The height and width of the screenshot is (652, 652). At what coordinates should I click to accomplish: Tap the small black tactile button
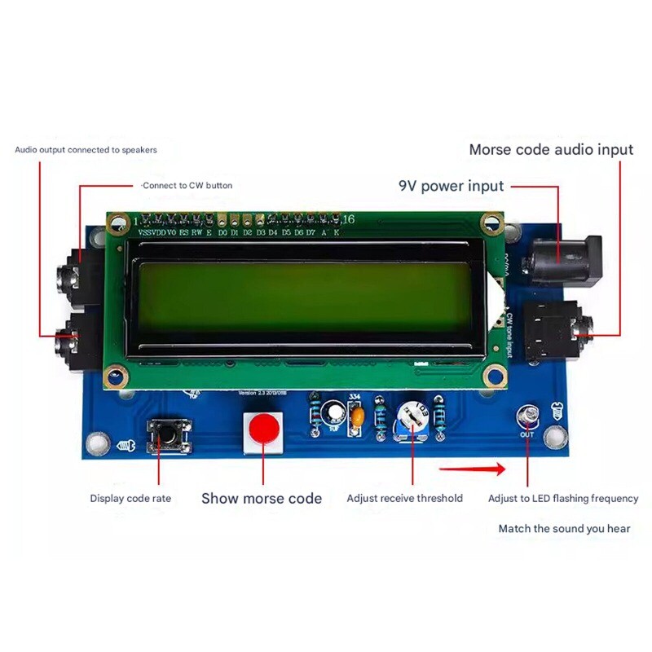coord(169,434)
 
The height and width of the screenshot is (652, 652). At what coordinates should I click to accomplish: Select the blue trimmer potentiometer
coord(412,421)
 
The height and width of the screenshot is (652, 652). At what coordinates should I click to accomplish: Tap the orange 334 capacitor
coord(355,416)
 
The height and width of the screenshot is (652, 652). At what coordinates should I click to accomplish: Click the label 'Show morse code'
coord(262,498)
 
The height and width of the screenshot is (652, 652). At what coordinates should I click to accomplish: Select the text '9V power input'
coord(451,186)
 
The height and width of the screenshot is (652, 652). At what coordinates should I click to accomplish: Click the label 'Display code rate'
coord(130,498)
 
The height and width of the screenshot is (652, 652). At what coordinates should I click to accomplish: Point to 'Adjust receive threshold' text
coord(404,498)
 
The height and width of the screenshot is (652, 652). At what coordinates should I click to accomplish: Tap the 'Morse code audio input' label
coord(551,150)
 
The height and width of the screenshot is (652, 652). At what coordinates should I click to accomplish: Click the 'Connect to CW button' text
coord(187,186)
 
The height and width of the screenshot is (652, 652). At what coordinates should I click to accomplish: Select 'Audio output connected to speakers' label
coord(86,150)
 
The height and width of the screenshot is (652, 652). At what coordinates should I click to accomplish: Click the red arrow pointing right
coord(472,469)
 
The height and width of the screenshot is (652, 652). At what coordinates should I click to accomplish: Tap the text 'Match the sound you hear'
coord(564,528)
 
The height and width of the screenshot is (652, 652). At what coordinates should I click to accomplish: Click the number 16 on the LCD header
coord(348,219)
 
